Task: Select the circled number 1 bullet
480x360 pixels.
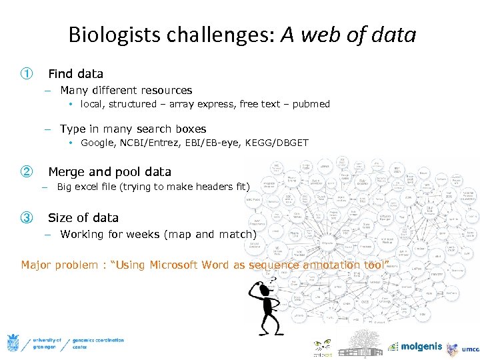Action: click(x=26, y=73)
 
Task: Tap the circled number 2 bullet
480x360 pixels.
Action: click(x=26, y=171)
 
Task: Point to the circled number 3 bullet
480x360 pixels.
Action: click(x=26, y=217)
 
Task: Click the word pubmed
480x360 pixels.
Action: click(x=311, y=104)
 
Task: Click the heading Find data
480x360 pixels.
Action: click(x=75, y=73)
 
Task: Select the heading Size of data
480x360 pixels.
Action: click(x=83, y=217)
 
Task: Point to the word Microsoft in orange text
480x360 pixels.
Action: click(x=176, y=265)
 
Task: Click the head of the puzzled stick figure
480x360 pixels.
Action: click(x=257, y=288)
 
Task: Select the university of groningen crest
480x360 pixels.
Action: click(x=13, y=343)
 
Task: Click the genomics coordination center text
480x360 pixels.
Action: click(x=97, y=343)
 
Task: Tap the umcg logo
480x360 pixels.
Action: click(x=463, y=348)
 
